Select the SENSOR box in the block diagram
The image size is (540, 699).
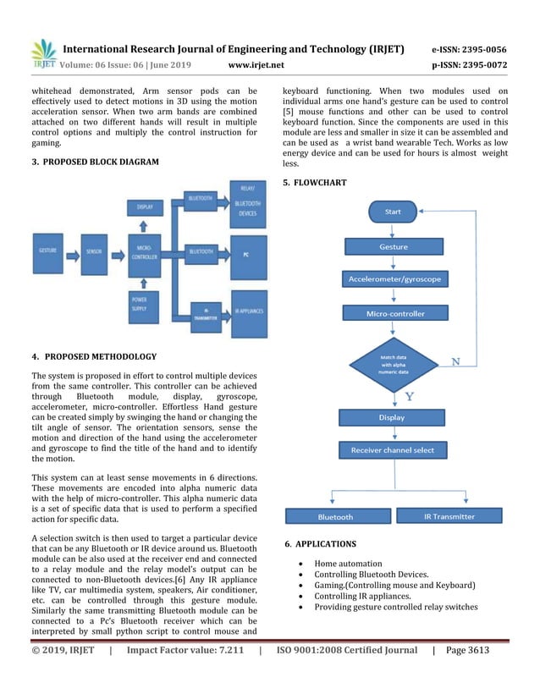pos(94,251)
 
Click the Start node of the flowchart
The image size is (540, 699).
pos(392,212)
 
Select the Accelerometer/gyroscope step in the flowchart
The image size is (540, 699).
pos(393,278)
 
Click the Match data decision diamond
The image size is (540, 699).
pos(393,365)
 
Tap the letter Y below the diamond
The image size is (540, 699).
pos(410,396)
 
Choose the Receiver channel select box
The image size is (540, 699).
pos(392,450)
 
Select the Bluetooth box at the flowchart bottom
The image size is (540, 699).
pos(335,516)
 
